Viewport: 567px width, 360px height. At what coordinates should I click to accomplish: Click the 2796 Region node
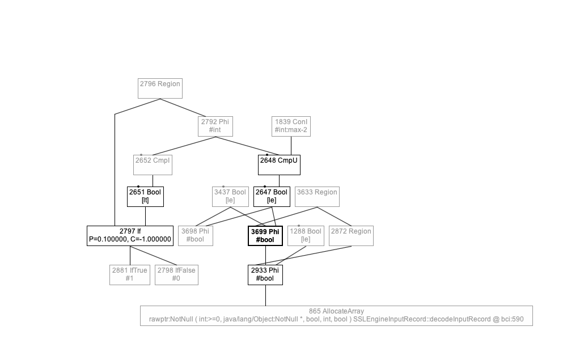pyautogui.click(x=160, y=88)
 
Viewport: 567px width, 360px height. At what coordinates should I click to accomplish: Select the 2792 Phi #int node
pyautogui.click(x=215, y=126)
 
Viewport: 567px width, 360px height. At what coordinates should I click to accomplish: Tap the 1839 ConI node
pyautogui.click(x=291, y=126)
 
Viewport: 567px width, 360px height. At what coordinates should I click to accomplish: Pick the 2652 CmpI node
pyautogui.click(x=153, y=164)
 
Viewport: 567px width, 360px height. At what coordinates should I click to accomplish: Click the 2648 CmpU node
pyautogui.click(x=279, y=164)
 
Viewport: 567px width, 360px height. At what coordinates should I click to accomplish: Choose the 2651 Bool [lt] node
pyautogui.click(x=145, y=196)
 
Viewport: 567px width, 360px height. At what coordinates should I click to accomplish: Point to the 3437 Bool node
pyautogui.click(x=230, y=196)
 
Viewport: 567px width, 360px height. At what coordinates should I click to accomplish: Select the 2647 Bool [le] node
pyautogui.click(x=272, y=196)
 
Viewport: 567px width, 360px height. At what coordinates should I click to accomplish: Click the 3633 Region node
pyautogui.click(x=317, y=196)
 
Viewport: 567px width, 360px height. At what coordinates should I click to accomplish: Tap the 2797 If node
pyautogui.click(x=130, y=235)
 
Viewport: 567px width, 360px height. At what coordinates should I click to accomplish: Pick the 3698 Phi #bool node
pyautogui.click(x=195, y=235)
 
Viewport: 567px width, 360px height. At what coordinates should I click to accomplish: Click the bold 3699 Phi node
pyautogui.click(x=265, y=235)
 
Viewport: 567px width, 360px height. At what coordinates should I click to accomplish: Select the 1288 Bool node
pyautogui.click(x=306, y=235)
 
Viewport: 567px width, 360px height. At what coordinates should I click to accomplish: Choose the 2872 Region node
pyautogui.click(x=351, y=235)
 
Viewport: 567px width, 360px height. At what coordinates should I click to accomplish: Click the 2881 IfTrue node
pyautogui.click(x=130, y=274)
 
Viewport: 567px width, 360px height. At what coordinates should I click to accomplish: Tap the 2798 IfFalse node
pyautogui.click(x=176, y=274)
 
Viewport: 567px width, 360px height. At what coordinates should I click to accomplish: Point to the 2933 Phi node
pyautogui.click(x=265, y=274)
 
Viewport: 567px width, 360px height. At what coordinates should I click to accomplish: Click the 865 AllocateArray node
pyautogui.click(x=336, y=315)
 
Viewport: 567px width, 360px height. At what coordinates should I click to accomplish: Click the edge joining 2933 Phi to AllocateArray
pyautogui.click(x=265, y=295)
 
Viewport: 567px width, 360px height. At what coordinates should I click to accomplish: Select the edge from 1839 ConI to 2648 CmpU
pyautogui.click(x=291, y=146)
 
